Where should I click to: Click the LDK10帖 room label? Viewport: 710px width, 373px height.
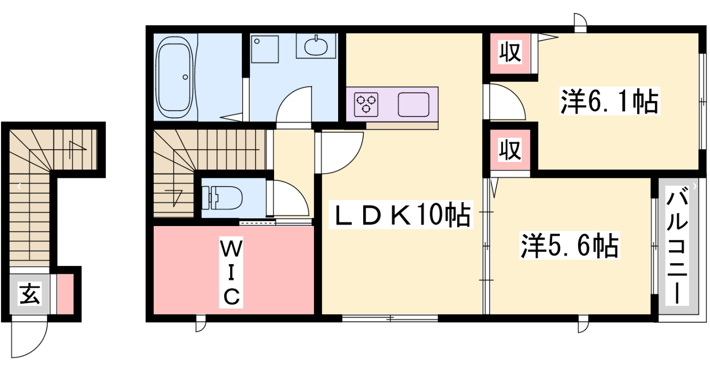coord(401,215)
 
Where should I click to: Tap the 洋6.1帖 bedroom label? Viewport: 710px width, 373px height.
coord(609,101)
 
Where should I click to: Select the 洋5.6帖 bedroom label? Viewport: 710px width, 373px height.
coord(569,246)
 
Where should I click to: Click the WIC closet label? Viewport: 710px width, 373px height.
coord(231,272)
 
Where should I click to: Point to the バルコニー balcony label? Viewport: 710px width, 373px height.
coord(677,245)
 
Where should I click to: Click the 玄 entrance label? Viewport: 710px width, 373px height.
coord(30,293)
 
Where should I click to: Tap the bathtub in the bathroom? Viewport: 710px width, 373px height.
coord(175,77)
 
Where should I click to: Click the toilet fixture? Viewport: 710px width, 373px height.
coord(222,198)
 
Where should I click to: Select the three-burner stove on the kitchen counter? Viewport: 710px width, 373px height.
coord(366,105)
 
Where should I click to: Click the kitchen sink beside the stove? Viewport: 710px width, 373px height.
coord(414,105)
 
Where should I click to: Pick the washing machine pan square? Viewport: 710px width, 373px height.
coord(264,49)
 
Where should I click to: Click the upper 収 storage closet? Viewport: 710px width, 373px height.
coord(510,53)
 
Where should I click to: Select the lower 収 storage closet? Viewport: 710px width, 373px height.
coord(510,149)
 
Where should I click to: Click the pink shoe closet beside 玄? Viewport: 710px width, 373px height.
coord(66,294)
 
